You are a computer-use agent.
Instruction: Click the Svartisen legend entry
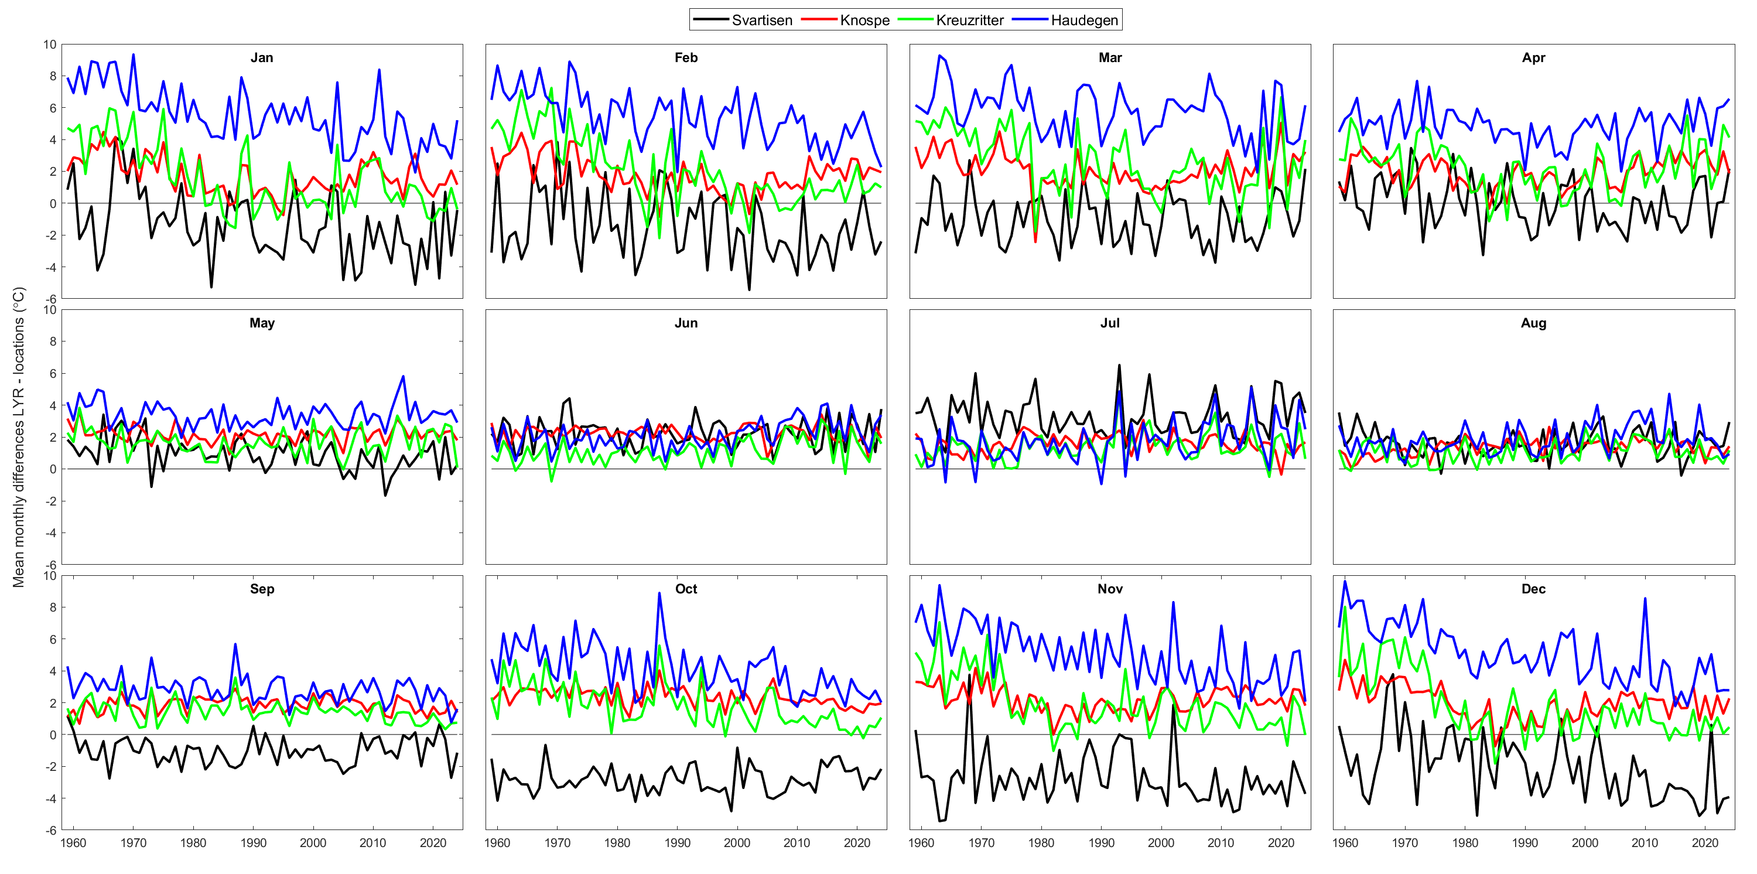coord(761,21)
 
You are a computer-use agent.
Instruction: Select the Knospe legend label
coord(864,21)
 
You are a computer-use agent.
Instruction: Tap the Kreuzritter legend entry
coord(969,21)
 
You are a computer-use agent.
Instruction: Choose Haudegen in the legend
coord(1084,21)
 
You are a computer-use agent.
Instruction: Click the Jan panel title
coord(262,58)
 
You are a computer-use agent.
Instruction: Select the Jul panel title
coord(1110,323)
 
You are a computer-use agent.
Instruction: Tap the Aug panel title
coord(1533,323)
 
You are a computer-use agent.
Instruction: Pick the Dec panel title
coord(1533,589)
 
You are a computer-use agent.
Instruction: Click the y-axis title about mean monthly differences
coord(18,436)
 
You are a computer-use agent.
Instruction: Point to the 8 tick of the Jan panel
coord(51,76)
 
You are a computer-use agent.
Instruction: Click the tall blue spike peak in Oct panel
coord(659,593)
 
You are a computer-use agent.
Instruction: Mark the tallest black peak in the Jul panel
coord(1119,365)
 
